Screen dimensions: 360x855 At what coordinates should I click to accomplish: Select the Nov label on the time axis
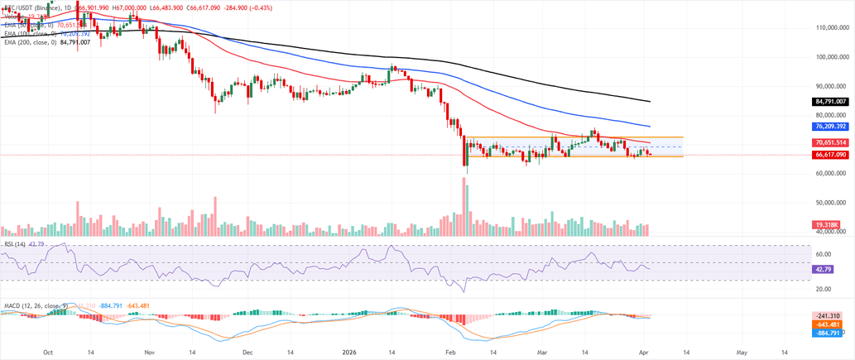tap(147, 351)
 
